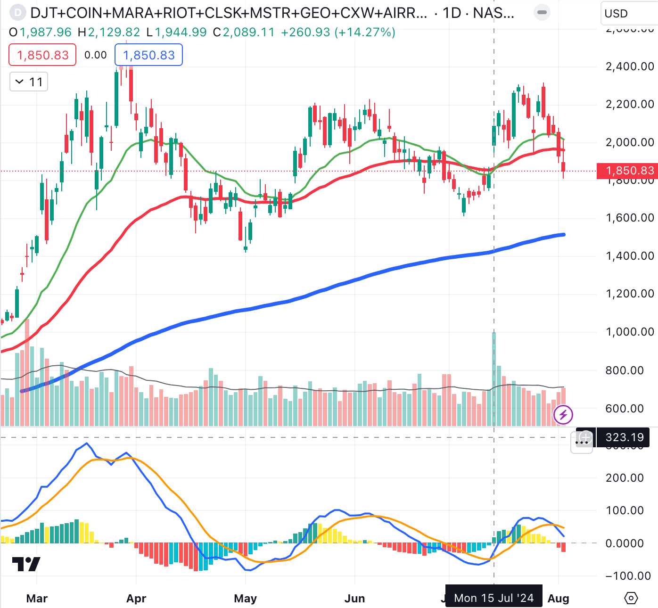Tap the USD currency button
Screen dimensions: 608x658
pos(617,13)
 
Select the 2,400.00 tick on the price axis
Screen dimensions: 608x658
pos(630,66)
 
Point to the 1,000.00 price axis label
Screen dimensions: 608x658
pos(630,332)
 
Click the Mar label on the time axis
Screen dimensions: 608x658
pos(37,599)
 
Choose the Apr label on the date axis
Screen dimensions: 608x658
pos(136,599)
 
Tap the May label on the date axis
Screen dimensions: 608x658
pos(246,599)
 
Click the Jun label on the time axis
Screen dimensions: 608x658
pos(354,599)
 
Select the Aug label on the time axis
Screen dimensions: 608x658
pos(559,599)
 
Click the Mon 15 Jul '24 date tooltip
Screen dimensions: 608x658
pos(493,598)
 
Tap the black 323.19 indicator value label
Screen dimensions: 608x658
pos(624,437)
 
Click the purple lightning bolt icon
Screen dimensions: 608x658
pos(563,415)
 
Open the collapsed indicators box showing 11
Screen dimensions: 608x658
pos(29,82)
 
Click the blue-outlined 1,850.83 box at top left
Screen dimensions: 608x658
pos(148,55)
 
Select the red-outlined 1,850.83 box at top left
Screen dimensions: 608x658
pos(42,55)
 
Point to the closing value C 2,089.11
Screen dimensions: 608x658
pos(244,32)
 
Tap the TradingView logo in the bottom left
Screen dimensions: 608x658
pos(26,564)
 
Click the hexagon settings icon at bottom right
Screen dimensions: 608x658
pos(631,598)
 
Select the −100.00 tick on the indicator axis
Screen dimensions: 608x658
pos(628,576)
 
